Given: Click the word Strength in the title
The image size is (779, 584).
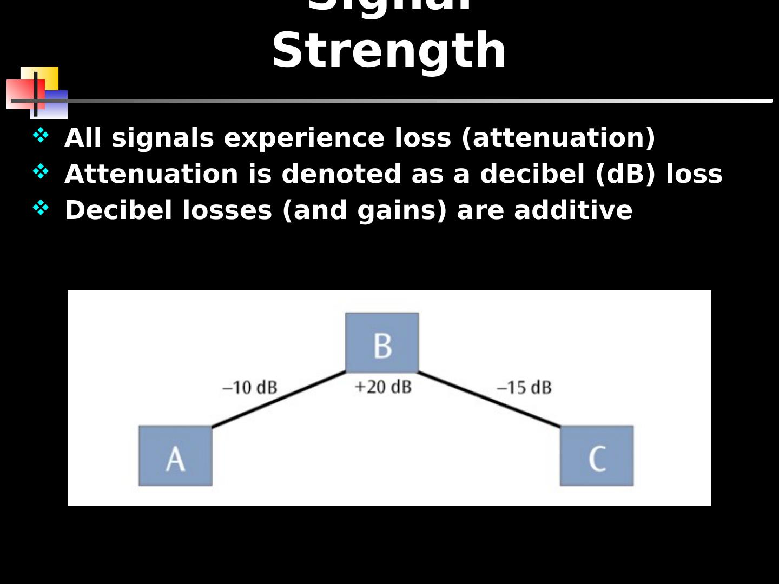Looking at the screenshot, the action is coord(389,50).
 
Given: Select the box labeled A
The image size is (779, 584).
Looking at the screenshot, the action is coord(175,455).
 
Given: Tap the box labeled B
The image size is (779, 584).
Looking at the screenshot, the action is coord(382,343).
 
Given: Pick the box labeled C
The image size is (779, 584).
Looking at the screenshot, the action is coord(597,455).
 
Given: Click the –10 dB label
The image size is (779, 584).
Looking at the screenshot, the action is coord(250,388).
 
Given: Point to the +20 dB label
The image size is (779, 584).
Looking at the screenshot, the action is coord(383,387).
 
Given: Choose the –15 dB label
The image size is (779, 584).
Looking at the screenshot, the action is coord(524,388).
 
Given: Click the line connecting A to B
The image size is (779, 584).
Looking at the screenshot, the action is coord(279,399).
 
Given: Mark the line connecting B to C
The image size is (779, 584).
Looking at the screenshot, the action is coord(490,400).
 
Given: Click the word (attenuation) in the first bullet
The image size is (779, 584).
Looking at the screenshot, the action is coord(558,137).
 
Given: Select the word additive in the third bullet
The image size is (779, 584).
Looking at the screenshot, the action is coord(573,210).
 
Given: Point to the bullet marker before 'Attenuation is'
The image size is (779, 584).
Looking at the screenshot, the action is coord(41,171).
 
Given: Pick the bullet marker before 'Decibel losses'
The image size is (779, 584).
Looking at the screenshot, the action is coord(41,208).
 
